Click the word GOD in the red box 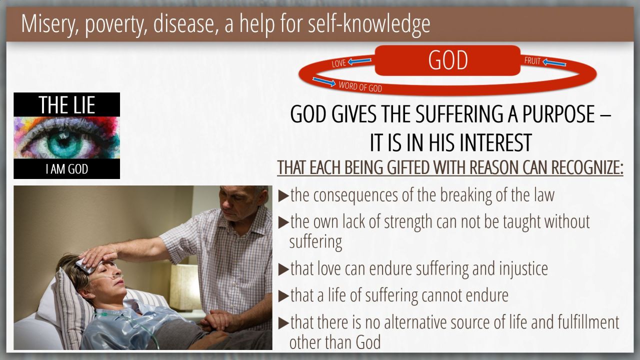coord(447,60)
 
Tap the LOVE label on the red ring coord(339,63)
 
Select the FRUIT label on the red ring coord(532,61)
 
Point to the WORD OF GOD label coord(360,86)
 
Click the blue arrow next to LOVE coord(359,61)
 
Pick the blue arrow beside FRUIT coord(554,63)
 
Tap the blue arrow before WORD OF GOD coord(324,81)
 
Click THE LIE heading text coord(67,105)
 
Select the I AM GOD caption coord(67,169)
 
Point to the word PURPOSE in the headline coord(558,114)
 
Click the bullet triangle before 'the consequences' coord(283,196)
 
